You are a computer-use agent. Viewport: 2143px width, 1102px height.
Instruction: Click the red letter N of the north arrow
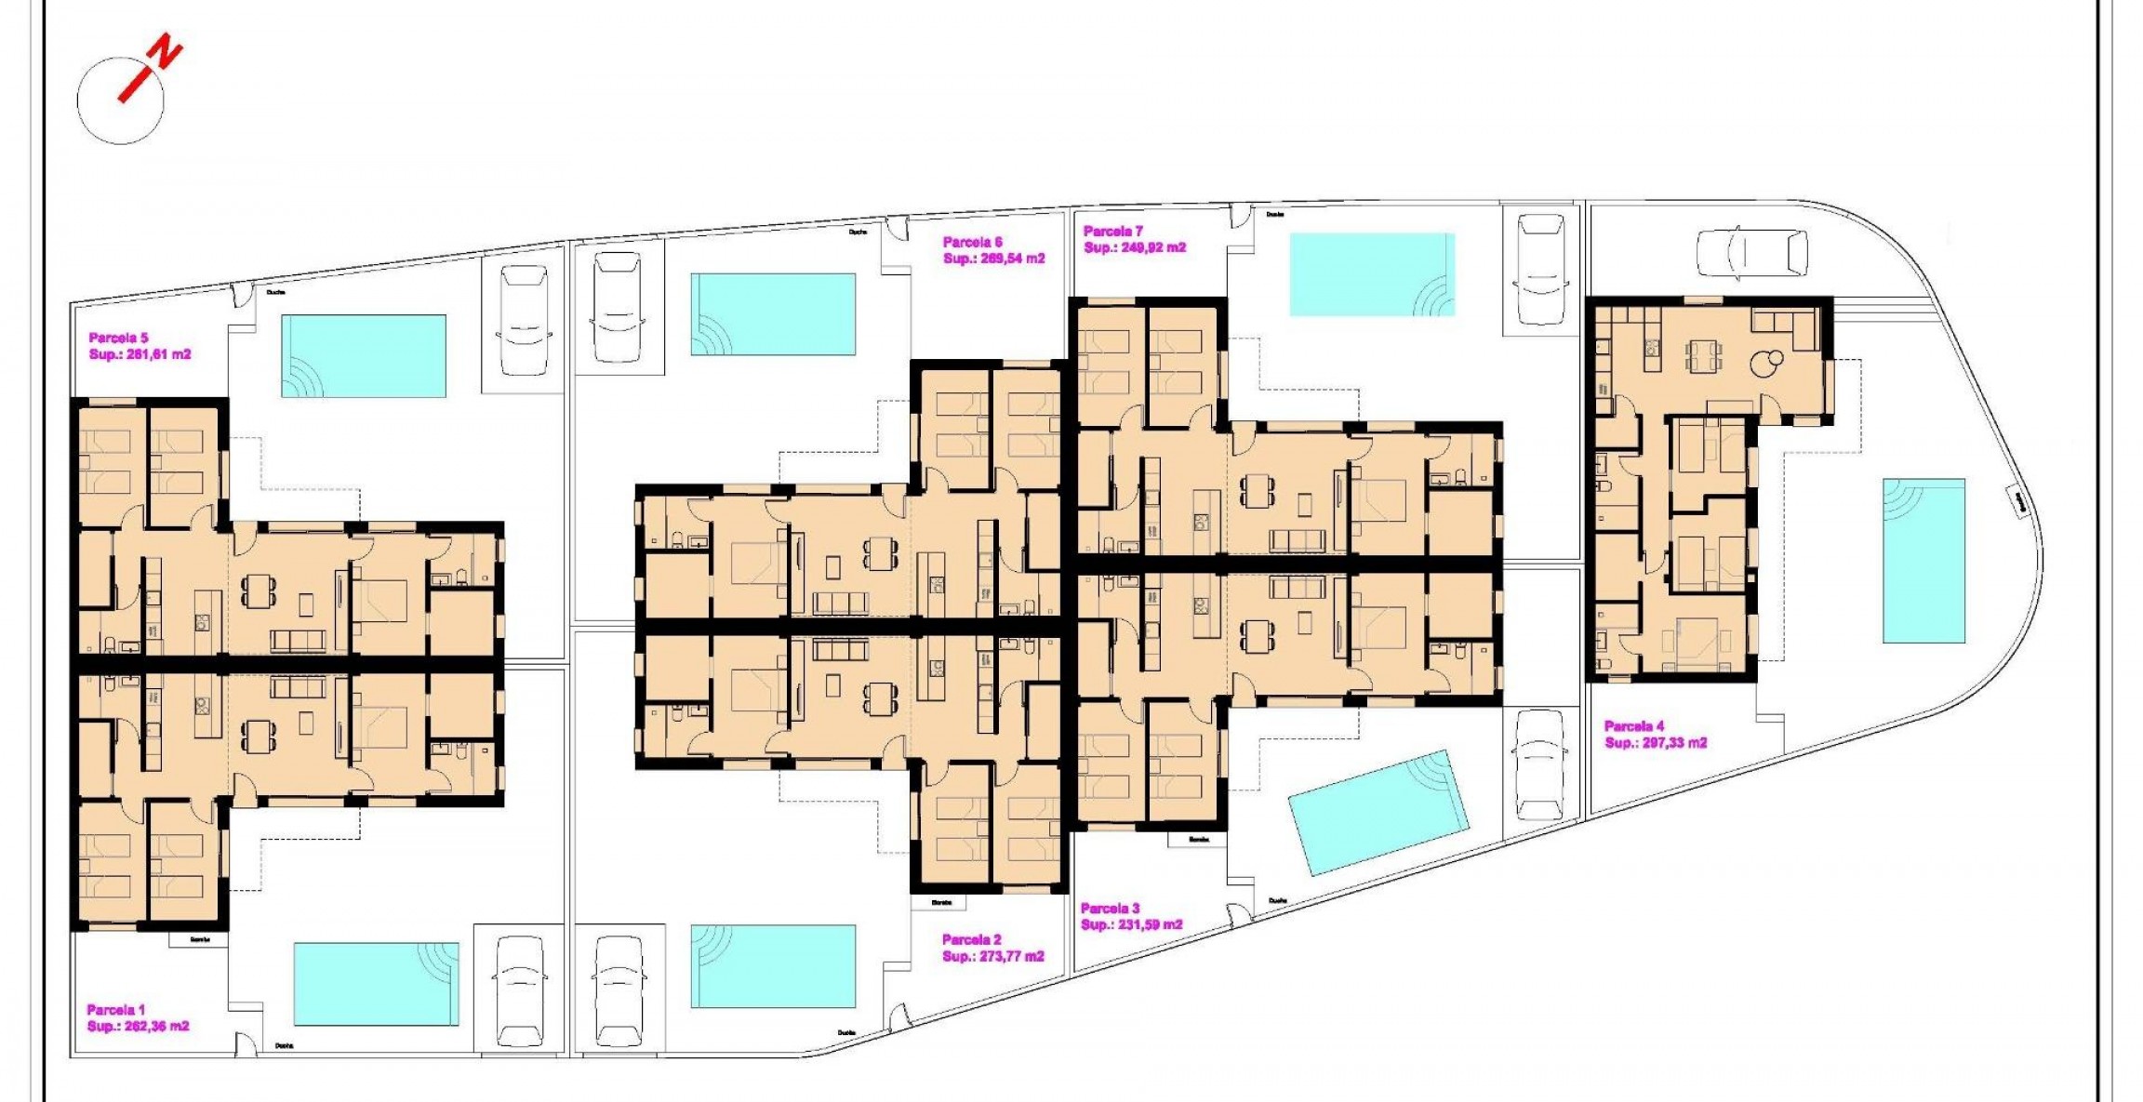[x=166, y=52]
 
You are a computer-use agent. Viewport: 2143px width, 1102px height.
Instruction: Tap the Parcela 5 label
[x=118, y=339]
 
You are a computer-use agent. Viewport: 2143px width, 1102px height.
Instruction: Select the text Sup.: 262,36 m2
[x=139, y=1027]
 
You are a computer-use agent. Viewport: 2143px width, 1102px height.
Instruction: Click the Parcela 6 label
[x=972, y=242]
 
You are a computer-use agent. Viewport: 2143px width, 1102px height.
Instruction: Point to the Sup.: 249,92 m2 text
[x=1135, y=248]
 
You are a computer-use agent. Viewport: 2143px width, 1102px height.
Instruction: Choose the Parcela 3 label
[x=1111, y=909]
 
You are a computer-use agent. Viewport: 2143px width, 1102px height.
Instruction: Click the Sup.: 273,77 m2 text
[x=992, y=957]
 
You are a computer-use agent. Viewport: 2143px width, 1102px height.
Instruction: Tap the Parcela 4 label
[x=1634, y=726]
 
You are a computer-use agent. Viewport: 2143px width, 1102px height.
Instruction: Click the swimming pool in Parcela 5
[x=364, y=356]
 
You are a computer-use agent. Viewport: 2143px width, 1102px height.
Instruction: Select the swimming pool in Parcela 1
[x=376, y=985]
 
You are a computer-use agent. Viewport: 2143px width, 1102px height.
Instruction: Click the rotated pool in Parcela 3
[x=1378, y=813]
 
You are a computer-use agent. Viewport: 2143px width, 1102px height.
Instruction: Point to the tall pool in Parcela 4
[x=1923, y=561]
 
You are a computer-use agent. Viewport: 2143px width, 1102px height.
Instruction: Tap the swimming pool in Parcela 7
[x=1372, y=274]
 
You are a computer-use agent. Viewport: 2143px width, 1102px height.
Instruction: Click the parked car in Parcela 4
[x=1752, y=253]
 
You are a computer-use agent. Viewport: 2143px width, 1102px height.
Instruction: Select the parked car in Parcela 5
[x=523, y=321]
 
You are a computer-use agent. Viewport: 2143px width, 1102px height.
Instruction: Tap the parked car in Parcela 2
[x=619, y=991]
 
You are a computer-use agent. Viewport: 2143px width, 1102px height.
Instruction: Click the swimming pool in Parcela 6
[x=773, y=314]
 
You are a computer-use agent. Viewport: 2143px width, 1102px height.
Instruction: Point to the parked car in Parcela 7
[x=1540, y=270]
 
